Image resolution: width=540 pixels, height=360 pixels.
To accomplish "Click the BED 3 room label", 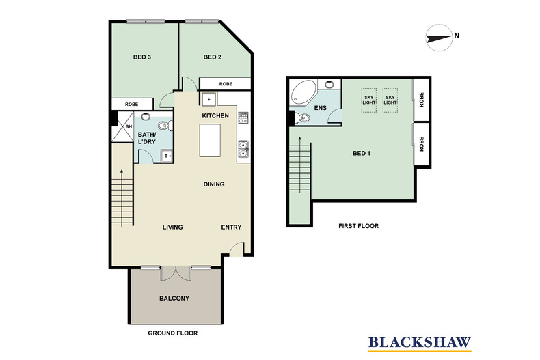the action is (x=142, y=57).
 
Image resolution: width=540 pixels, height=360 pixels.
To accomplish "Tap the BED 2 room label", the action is (x=212, y=57).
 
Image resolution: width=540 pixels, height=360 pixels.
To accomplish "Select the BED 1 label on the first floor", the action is (x=362, y=153).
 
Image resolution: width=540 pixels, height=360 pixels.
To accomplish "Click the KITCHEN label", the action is (x=215, y=115).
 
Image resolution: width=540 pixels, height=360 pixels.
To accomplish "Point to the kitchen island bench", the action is (x=210, y=141).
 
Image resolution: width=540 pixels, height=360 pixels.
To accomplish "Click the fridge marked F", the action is (x=208, y=100).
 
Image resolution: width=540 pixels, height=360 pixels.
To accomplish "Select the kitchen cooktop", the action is (x=243, y=117).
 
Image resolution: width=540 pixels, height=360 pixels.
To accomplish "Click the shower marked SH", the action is (x=124, y=126).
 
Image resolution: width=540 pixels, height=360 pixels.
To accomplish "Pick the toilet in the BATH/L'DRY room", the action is (x=165, y=125).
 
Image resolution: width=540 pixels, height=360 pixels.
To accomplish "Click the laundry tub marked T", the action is (x=167, y=156).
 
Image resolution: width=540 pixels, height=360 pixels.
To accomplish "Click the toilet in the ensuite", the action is (x=302, y=118).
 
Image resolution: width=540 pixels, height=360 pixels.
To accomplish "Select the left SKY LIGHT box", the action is (x=369, y=100).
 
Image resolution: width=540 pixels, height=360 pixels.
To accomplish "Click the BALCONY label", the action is (x=174, y=299).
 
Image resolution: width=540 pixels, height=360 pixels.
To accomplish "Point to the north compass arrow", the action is (x=439, y=38).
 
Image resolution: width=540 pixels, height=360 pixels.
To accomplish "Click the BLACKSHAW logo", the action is (x=420, y=343).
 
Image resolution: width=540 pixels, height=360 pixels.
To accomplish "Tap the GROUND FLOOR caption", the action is (x=172, y=333).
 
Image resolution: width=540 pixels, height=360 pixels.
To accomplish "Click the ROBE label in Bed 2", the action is (x=226, y=84).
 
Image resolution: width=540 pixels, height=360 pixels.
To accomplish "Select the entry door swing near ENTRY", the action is (x=237, y=249).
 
